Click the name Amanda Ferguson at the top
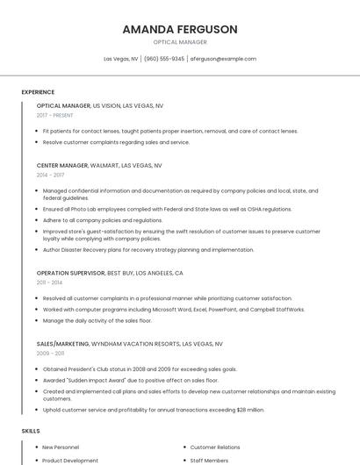click(x=180, y=29)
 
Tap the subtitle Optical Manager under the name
click(x=180, y=41)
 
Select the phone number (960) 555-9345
click(x=164, y=59)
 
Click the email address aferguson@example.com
click(x=223, y=59)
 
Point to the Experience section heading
click(x=38, y=92)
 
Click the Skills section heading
click(x=31, y=431)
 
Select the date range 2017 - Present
click(x=55, y=115)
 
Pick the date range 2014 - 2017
click(x=51, y=175)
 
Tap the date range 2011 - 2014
click(x=50, y=283)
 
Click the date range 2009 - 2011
click(x=51, y=354)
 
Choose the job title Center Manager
click(x=62, y=165)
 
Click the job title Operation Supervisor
click(x=70, y=273)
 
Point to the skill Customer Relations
click(x=215, y=447)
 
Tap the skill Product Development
click(x=70, y=460)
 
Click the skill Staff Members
click(x=209, y=460)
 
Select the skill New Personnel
click(x=61, y=447)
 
